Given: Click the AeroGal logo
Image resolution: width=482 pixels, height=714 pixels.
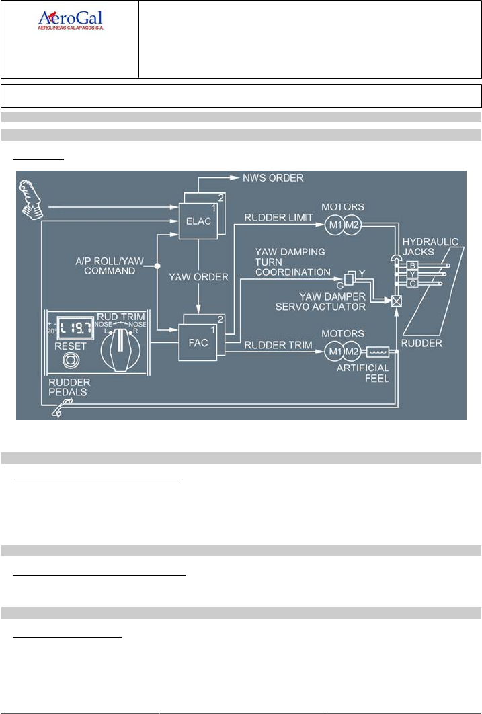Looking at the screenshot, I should tap(70, 21).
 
